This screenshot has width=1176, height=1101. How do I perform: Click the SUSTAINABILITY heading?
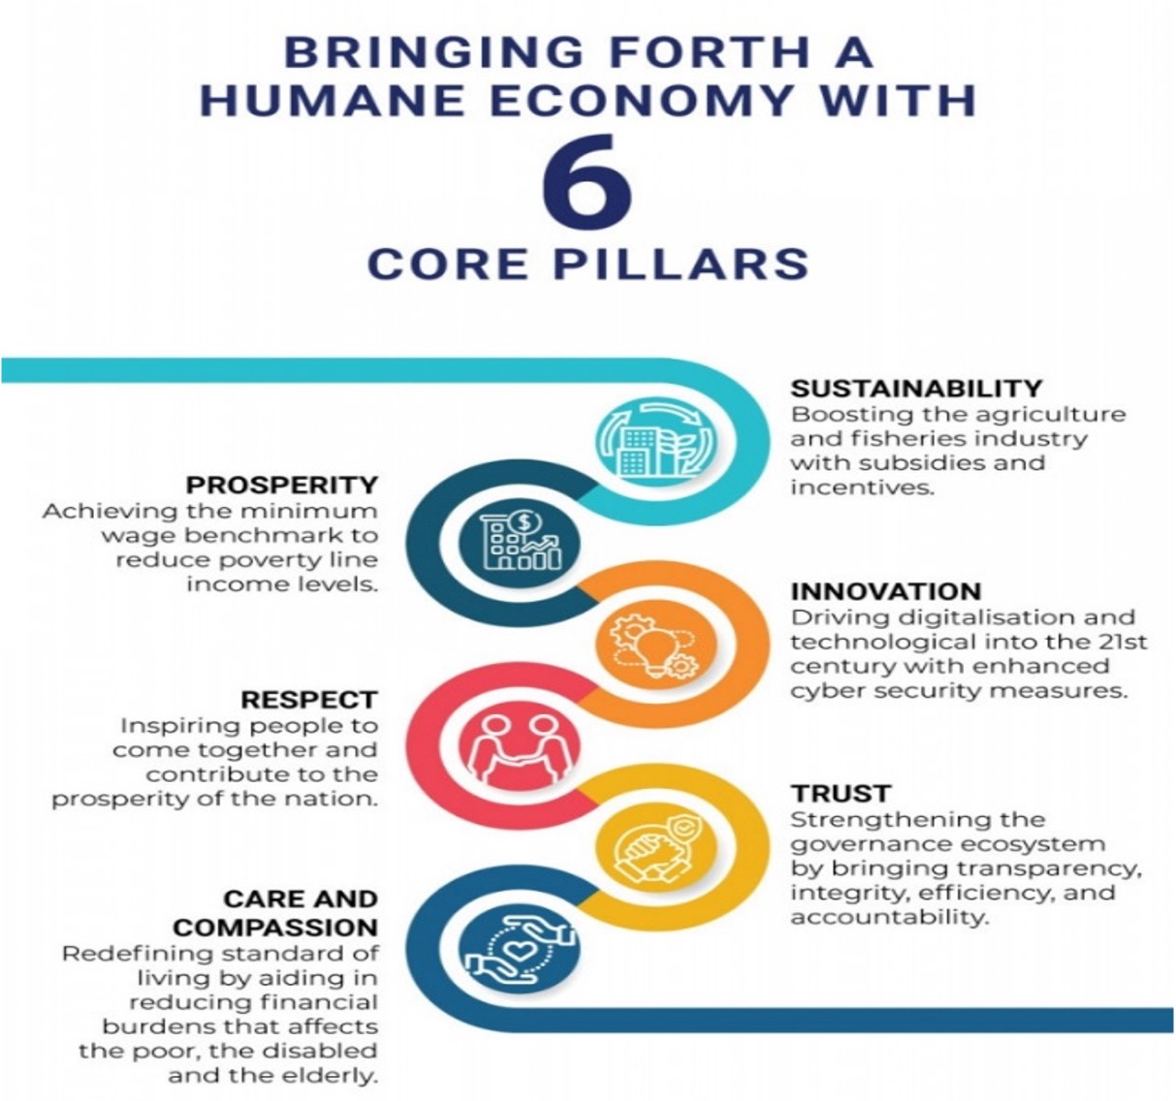pos(916,389)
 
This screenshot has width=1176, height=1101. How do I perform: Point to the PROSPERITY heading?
pos(282,485)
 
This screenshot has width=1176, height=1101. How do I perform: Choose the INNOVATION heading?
pos(886,591)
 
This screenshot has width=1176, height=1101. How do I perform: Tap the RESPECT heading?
pos(309,699)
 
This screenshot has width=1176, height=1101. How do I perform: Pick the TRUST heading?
pos(841,794)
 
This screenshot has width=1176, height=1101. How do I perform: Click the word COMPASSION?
pos(275,927)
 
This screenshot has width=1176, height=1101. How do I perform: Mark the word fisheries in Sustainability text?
pos(909,438)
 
